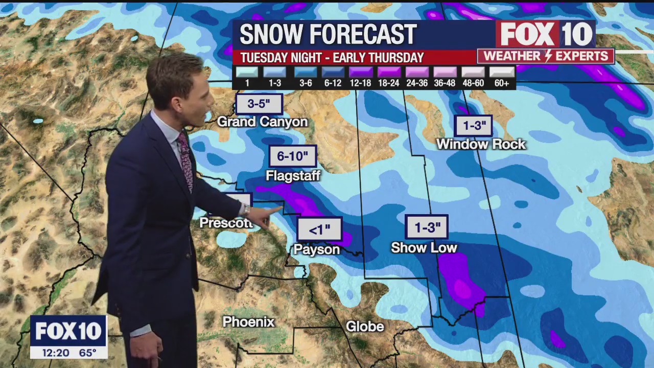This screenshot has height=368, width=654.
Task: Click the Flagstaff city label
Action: (x=293, y=176)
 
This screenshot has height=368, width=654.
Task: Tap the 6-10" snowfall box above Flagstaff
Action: (x=293, y=156)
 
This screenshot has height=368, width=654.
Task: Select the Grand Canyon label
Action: (x=262, y=122)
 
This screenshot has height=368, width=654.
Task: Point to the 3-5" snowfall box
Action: (x=259, y=104)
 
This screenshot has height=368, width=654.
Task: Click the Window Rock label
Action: (x=481, y=144)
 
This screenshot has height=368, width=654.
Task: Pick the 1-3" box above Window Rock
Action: (x=474, y=126)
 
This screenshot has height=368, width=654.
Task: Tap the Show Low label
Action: (x=424, y=248)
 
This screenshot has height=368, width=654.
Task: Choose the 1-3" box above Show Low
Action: (x=427, y=227)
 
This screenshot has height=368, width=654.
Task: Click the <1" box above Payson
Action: (x=319, y=229)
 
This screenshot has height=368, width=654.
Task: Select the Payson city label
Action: (x=316, y=249)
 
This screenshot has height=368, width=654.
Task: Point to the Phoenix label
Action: (x=249, y=322)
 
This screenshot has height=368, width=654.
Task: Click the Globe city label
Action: (x=365, y=327)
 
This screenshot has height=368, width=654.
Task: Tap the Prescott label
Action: (x=226, y=223)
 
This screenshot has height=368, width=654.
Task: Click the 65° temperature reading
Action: (x=87, y=353)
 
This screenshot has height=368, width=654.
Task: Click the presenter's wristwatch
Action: (x=246, y=210)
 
